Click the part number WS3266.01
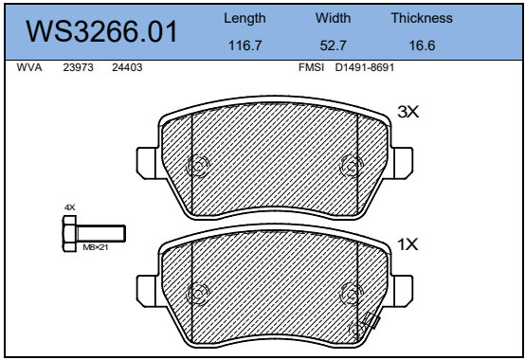pyautogui.click(x=101, y=31)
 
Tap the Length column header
pyautogui.click(x=244, y=19)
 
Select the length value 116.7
pyautogui.click(x=244, y=45)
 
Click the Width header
pyautogui.click(x=334, y=18)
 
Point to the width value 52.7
pyautogui.click(x=334, y=45)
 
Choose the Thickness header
pyautogui.click(x=422, y=18)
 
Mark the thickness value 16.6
pyautogui.click(x=422, y=45)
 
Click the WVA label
pyautogui.click(x=29, y=67)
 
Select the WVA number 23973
pyautogui.click(x=78, y=67)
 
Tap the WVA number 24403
pyautogui.click(x=127, y=67)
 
